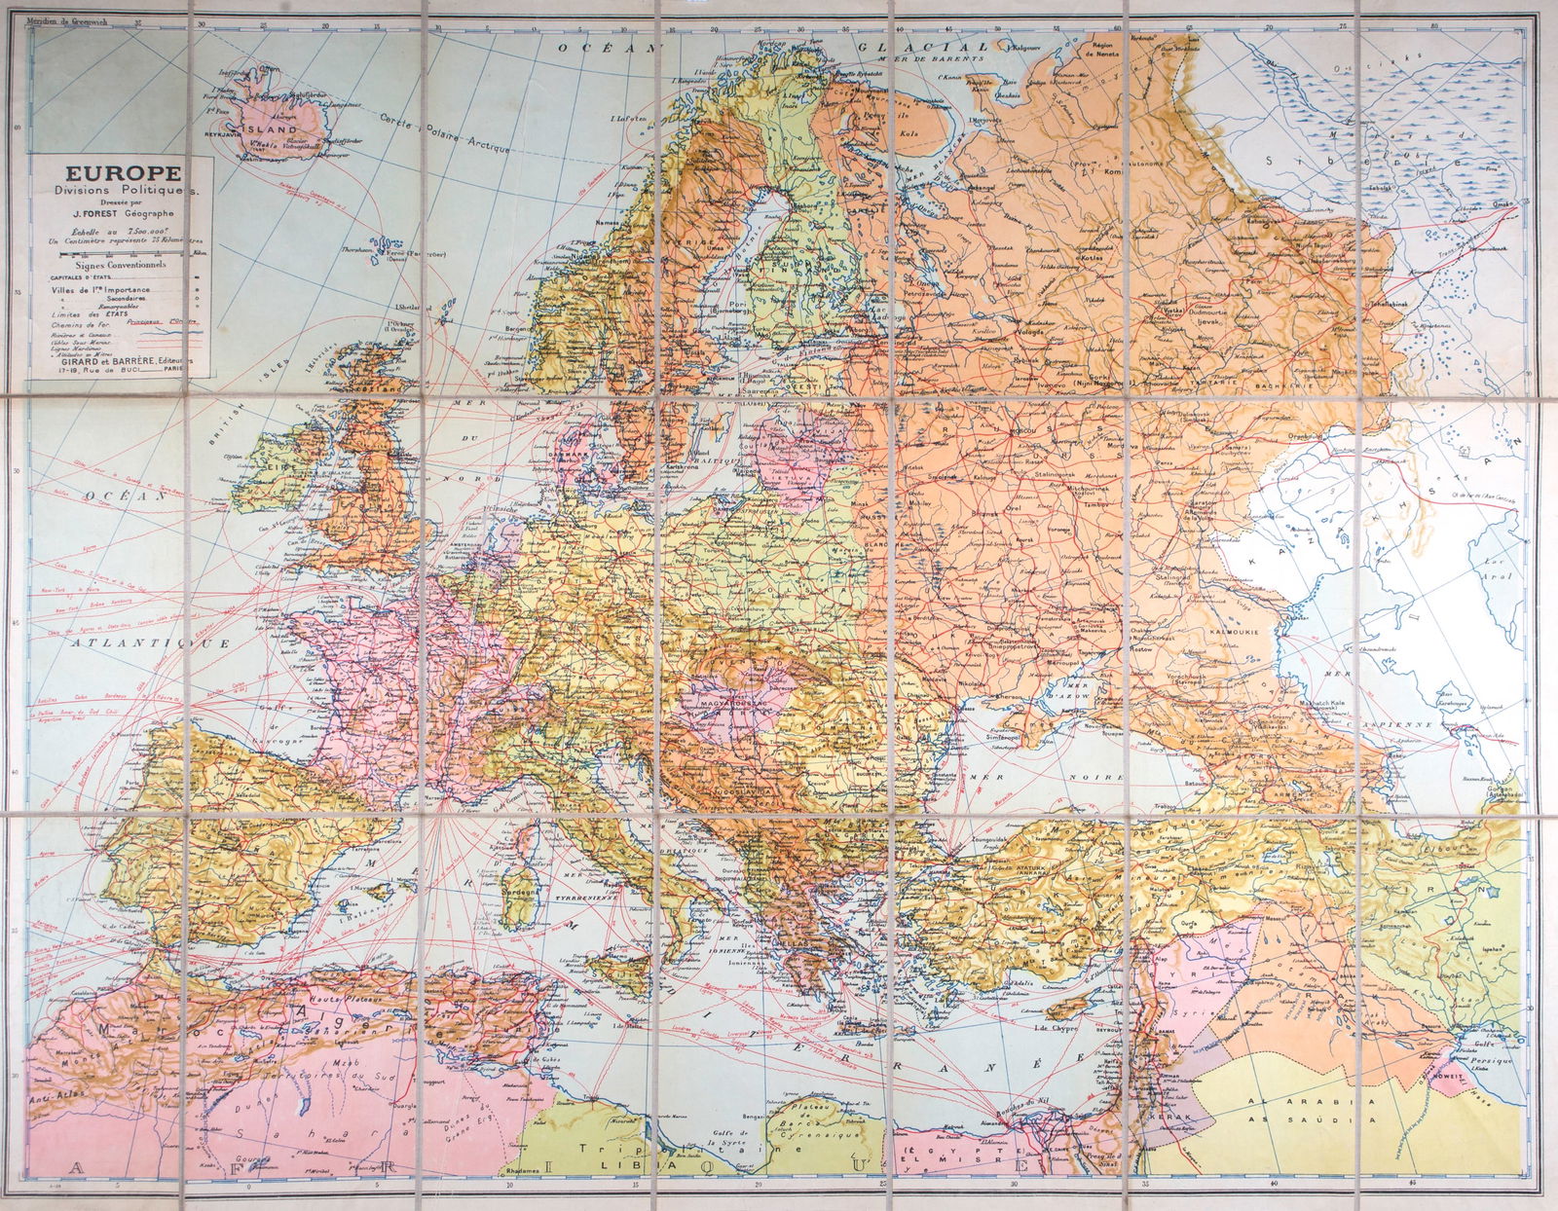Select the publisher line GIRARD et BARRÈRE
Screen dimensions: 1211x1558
108,356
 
